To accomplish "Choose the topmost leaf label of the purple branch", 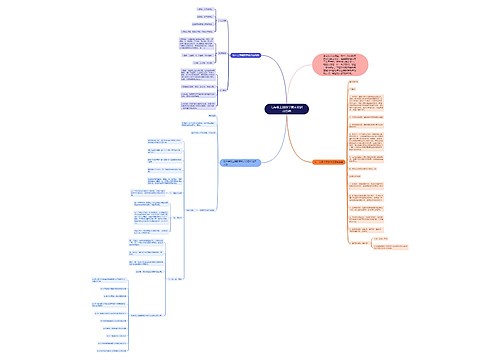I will click(180, 9).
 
